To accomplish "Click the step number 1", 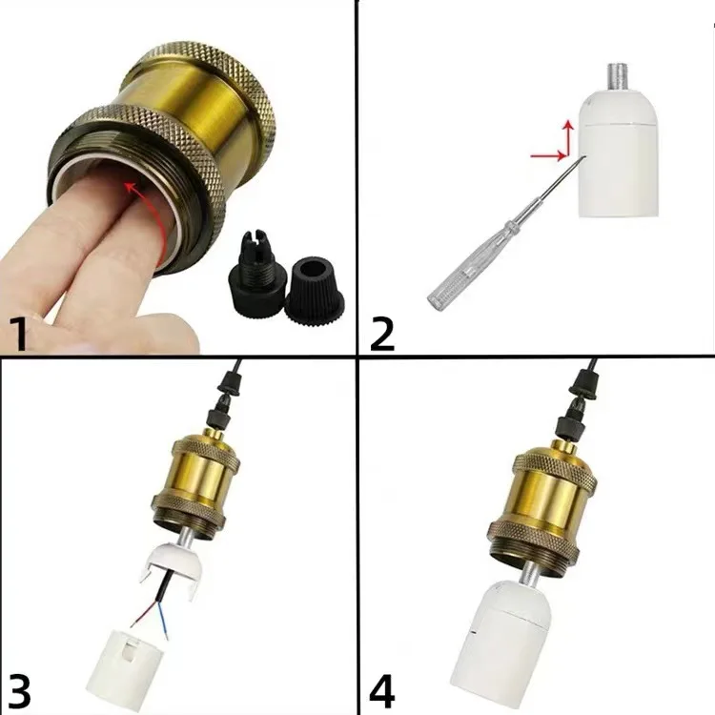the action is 17,334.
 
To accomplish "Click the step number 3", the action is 18,693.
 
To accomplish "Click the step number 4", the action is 381,693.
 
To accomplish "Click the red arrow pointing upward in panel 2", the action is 568,136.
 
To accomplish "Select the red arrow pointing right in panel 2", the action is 548,156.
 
